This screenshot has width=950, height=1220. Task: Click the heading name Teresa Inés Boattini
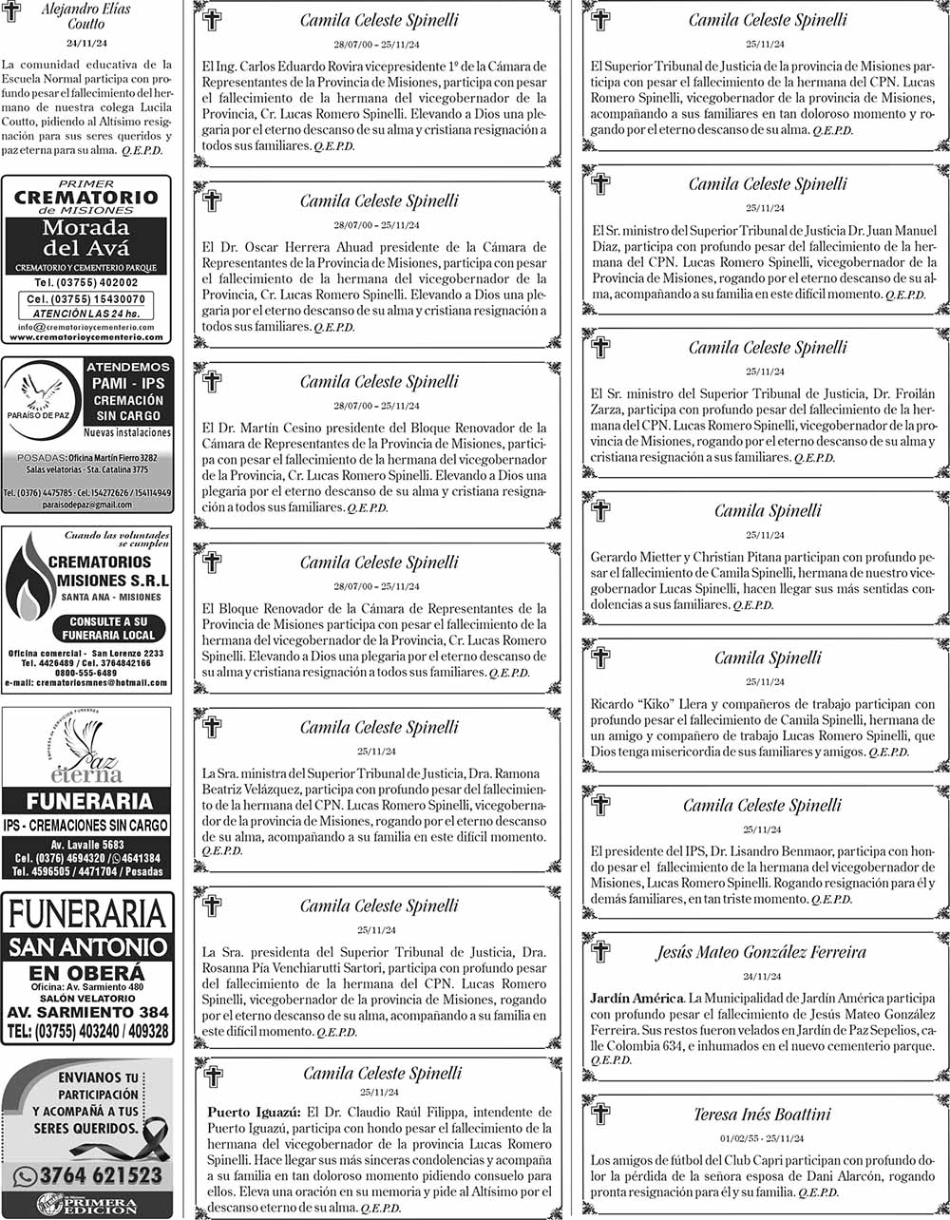[x=762, y=1115]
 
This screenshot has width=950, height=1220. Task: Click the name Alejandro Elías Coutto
[x=86, y=16]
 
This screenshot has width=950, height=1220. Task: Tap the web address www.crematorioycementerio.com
[x=86, y=337]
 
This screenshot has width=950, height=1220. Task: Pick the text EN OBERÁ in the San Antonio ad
[x=86, y=973]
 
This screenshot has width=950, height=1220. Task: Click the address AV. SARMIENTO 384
[x=86, y=1013]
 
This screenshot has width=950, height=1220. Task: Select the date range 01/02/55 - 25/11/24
[x=762, y=1138]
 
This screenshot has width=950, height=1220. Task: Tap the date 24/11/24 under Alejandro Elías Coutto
[x=86, y=44]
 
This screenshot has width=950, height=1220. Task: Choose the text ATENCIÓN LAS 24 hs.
[x=86, y=314]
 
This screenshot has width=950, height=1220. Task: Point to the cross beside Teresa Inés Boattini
[x=600, y=1113]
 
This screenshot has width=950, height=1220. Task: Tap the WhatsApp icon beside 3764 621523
[x=27, y=1176]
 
